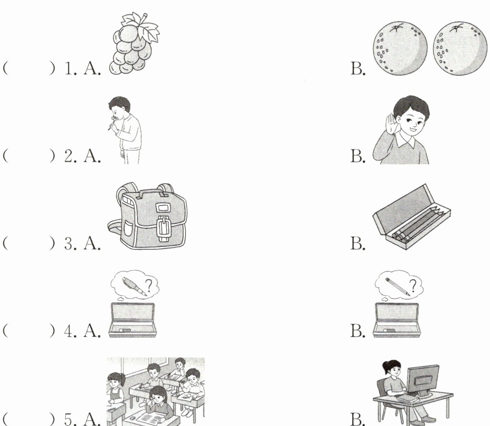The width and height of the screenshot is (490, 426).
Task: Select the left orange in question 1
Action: [x=400, y=48]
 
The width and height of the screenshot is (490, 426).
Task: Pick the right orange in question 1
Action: [x=460, y=48]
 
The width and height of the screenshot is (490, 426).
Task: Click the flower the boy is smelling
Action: [x=114, y=119]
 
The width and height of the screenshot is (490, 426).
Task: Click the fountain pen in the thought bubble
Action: [x=135, y=286]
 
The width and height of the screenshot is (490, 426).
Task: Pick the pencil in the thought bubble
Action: [x=398, y=286]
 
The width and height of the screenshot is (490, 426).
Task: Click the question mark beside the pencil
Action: [x=413, y=286]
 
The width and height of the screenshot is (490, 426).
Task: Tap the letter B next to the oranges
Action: [x=358, y=69]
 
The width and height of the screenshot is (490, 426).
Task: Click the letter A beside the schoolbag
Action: [x=92, y=243]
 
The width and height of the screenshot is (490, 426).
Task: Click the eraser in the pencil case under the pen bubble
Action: [x=124, y=330]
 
